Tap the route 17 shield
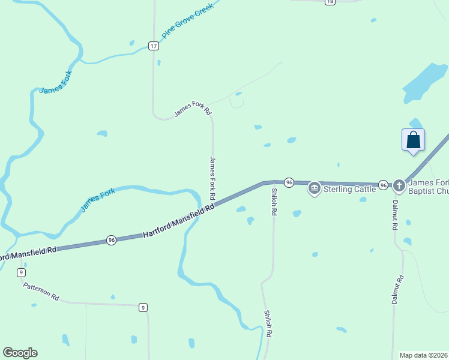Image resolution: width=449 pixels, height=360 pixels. (154, 46)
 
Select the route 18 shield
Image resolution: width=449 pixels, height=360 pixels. (330, 2)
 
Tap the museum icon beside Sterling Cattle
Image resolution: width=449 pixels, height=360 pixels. (314, 189)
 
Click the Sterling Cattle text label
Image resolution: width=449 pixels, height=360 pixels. (350, 189)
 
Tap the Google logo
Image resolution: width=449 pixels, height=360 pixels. (20, 353)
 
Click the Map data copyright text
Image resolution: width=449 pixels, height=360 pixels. (424, 355)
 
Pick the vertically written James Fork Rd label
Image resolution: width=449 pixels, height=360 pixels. (212, 178)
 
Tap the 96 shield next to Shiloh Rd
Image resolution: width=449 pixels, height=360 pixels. (289, 182)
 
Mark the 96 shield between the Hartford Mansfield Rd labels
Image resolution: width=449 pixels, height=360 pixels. (111, 240)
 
